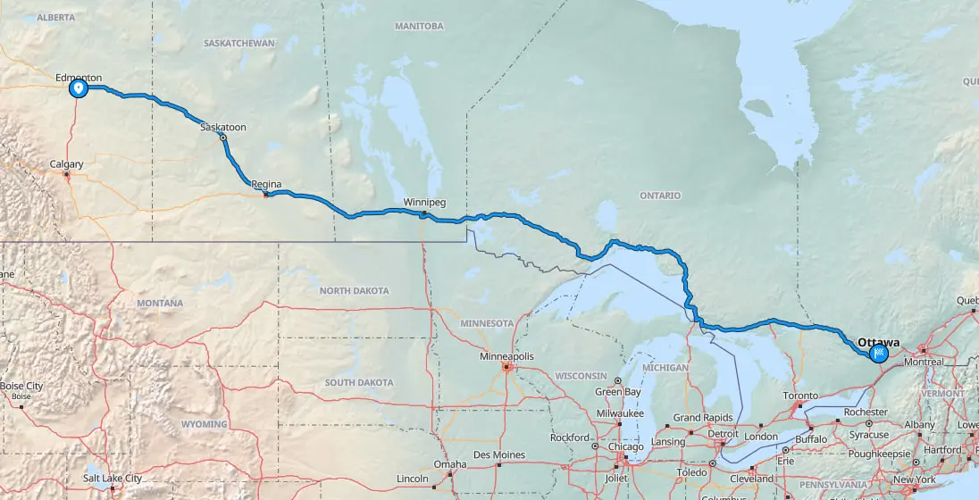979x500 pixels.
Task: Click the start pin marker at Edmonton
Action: (79, 88)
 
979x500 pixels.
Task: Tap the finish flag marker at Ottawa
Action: (879, 354)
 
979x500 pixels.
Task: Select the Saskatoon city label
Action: (223, 128)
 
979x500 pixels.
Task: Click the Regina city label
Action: (266, 185)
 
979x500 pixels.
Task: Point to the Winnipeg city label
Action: (423, 202)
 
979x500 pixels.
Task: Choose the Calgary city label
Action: (67, 164)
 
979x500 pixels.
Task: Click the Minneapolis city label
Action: (506, 356)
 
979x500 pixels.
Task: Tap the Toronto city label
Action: (800, 396)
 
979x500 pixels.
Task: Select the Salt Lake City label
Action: (112, 479)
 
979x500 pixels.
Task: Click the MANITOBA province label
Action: (419, 26)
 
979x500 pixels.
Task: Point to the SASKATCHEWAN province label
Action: (238, 43)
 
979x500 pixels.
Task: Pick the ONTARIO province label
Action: (660, 196)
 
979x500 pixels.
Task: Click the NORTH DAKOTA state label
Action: (355, 291)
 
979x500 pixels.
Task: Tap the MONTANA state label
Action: (160, 304)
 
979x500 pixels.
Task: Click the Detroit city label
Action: (724, 433)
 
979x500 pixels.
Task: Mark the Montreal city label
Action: (923, 362)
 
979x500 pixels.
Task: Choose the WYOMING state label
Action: (204, 424)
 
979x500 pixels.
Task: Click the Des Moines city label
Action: (499, 455)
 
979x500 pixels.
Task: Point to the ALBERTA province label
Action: (57, 17)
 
